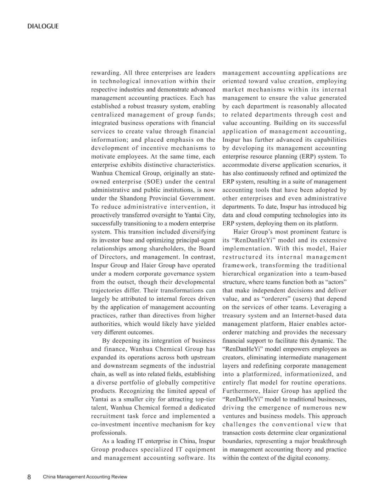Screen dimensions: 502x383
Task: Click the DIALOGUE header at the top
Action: point(43,26)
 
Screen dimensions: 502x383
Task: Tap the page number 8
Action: point(29,477)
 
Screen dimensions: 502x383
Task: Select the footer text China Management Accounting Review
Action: point(85,477)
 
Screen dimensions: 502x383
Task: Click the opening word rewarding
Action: point(105,73)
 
